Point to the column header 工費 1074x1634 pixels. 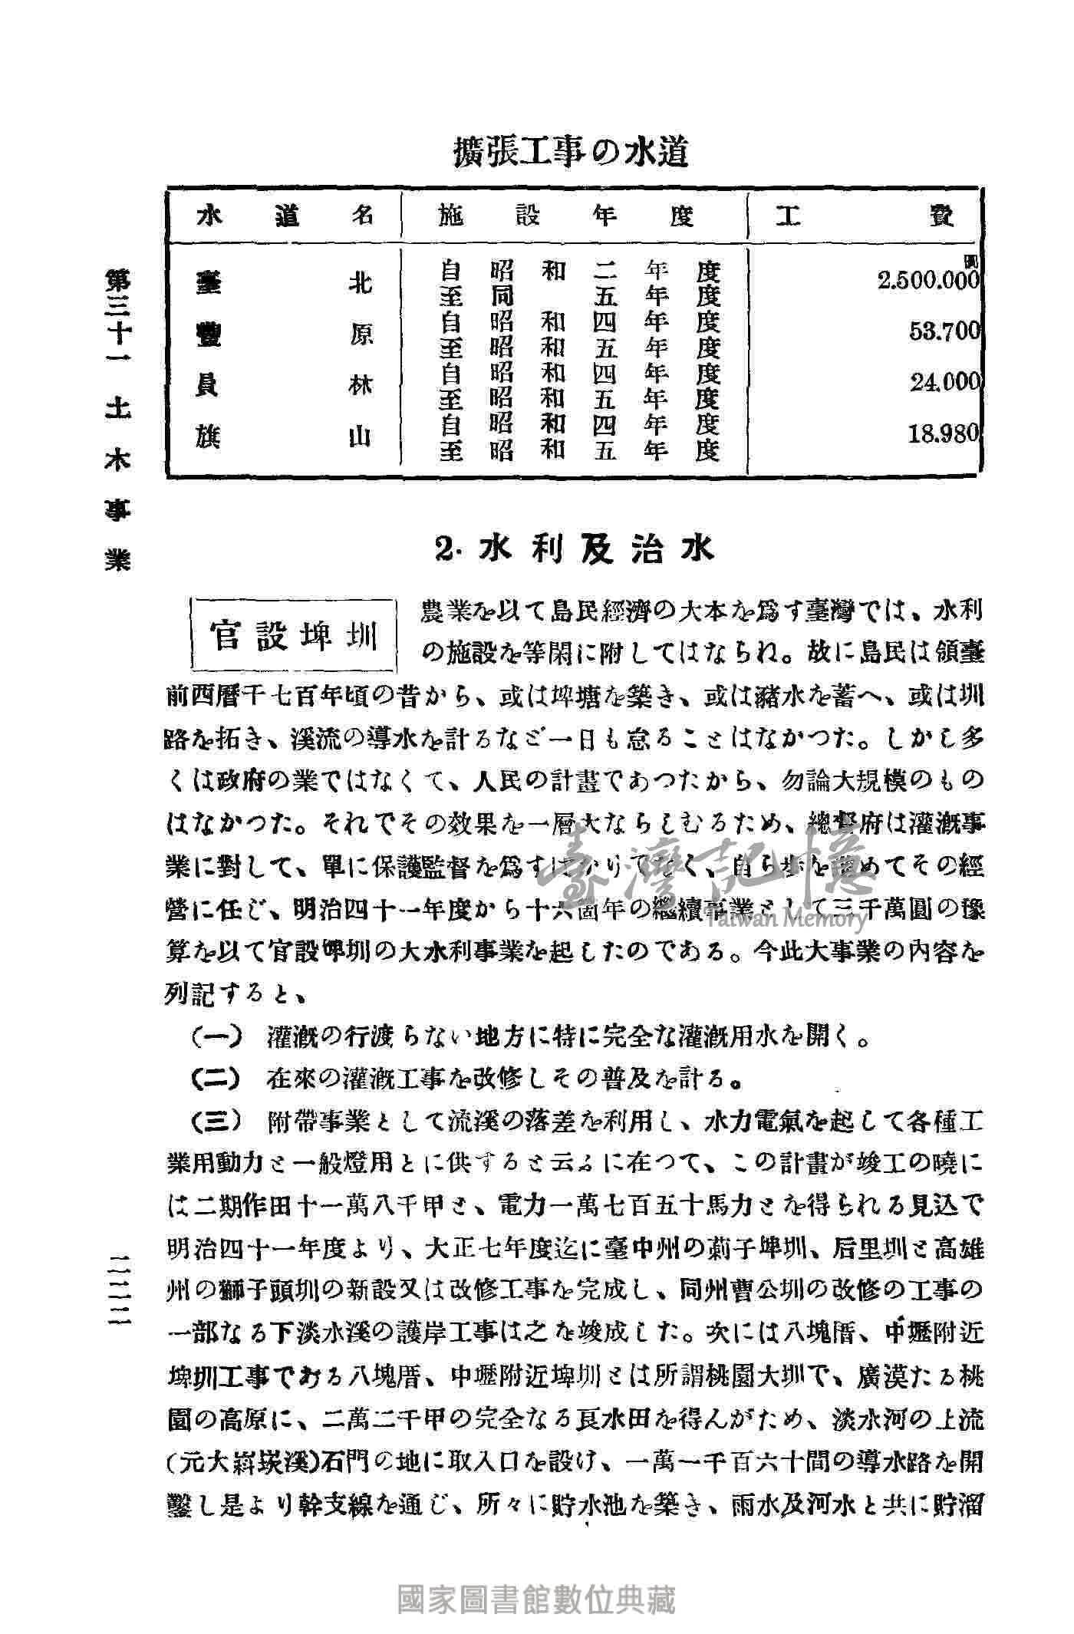[865, 217]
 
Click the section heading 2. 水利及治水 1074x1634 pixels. [574, 549]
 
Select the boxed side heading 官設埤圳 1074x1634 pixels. [295, 635]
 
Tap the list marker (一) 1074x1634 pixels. [217, 1037]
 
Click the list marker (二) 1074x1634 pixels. [217, 1080]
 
